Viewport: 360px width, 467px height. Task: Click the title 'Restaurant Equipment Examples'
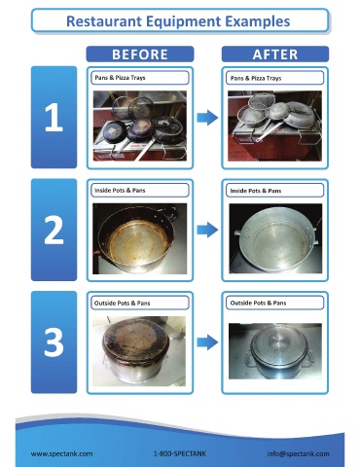[178, 21]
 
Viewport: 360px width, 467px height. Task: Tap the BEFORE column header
[140, 54]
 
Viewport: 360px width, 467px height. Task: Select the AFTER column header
[275, 54]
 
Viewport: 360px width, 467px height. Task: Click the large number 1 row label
[54, 117]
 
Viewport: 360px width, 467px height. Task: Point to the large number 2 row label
[54, 230]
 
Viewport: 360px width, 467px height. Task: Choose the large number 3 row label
[54, 342]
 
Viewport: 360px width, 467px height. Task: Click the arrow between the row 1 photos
[207, 117]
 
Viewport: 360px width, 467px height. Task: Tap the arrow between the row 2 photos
[207, 230]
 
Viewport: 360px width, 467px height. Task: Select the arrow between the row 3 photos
[207, 342]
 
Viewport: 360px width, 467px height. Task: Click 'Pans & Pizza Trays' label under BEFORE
[120, 78]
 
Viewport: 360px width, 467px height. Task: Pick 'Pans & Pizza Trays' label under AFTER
[256, 78]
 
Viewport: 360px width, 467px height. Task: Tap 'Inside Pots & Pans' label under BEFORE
[120, 191]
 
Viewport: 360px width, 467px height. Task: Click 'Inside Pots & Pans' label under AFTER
[256, 191]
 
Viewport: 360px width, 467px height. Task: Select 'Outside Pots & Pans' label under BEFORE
[122, 304]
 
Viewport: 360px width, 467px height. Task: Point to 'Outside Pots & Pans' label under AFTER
[258, 303]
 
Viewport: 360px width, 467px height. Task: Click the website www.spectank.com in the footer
[61, 453]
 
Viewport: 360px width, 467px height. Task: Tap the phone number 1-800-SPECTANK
[180, 453]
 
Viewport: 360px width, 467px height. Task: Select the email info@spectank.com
[298, 453]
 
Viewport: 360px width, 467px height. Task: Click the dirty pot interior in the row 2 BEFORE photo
[138, 241]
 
